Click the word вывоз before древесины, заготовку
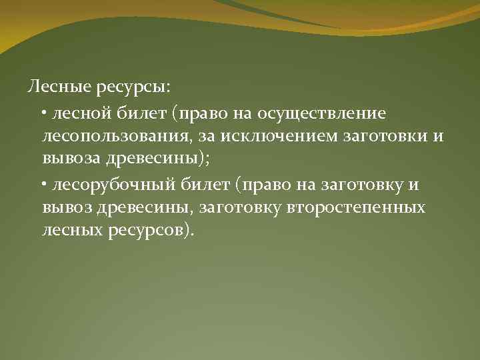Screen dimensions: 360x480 coord(65,207)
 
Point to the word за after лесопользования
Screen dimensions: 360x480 coord(189,137)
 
